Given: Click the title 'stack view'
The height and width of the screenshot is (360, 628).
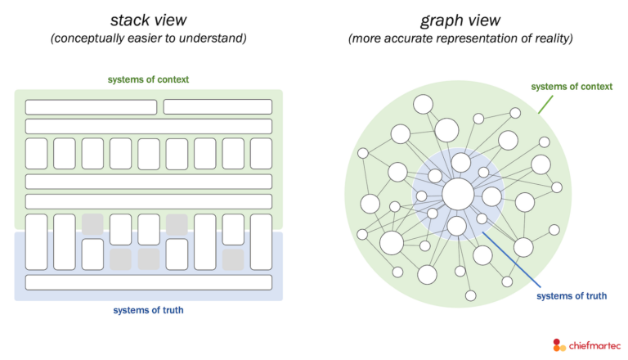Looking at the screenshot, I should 148,20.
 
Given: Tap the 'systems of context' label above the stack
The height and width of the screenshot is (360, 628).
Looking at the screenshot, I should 148,79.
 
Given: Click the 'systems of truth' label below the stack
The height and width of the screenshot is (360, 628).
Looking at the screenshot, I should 148,310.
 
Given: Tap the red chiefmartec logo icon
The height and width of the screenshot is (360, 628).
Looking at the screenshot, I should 559,345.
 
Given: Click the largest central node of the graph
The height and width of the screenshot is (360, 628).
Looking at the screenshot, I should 458,194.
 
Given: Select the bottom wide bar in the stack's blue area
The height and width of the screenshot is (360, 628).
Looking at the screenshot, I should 148,282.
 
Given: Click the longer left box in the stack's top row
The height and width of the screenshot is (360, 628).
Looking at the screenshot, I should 91,107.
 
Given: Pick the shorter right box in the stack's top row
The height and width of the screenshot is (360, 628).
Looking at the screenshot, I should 218,107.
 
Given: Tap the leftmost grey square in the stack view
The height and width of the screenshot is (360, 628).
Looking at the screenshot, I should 92,223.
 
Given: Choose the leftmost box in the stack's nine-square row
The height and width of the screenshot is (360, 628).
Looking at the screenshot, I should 37,153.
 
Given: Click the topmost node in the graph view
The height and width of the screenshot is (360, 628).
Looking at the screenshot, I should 423,104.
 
